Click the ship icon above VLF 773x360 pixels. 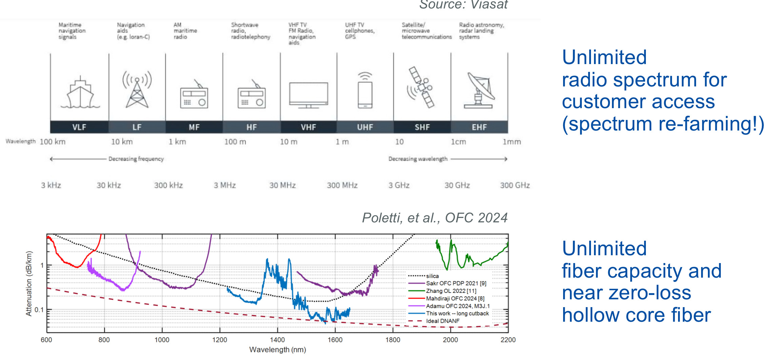tap(80, 93)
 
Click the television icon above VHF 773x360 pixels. tap(309, 95)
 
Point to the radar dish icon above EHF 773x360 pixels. tap(479, 90)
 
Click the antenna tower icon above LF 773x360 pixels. tap(137, 89)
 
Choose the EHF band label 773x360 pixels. tap(479, 127)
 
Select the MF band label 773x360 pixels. tap(194, 127)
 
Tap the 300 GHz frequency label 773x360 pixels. tap(515, 185)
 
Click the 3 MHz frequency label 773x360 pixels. tap(224, 185)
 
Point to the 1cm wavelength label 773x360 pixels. tap(458, 142)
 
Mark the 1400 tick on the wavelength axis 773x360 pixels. tap(277, 340)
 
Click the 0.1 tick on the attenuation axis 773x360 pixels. tap(39, 310)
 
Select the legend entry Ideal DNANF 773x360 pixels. tap(442, 321)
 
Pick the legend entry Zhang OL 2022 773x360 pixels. tap(451, 291)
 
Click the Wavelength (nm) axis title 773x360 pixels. tap(277, 350)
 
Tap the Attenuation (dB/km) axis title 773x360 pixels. tap(29, 283)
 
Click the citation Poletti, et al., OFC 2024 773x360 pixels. tap(435, 218)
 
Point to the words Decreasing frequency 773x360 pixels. tap(136, 159)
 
